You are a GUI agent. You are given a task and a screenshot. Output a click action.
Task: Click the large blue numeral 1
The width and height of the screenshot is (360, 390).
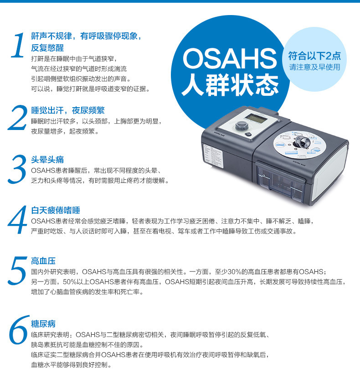click(18, 45)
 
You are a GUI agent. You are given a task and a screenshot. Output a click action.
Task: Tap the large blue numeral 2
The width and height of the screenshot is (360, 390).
click(17, 118)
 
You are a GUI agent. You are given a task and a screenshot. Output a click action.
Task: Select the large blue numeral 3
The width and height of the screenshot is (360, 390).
click(17, 169)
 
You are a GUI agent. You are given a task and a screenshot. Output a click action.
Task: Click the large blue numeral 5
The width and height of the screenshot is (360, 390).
click(17, 270)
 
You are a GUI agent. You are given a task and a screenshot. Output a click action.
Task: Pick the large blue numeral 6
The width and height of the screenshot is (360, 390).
click(18, 330)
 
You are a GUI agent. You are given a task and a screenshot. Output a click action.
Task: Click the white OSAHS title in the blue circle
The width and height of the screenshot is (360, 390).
click(230, 59)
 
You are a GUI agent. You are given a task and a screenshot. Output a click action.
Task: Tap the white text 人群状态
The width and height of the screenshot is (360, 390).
click(230, 85)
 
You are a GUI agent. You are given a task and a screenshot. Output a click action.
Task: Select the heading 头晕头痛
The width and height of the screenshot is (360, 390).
click(47, 160)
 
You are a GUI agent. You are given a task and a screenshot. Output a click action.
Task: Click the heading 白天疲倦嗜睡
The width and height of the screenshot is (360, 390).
click(56, 210)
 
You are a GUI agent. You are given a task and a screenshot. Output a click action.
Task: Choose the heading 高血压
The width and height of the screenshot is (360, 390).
click(43, 261)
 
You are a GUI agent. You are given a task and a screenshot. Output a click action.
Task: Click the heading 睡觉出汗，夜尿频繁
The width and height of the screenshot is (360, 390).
click(68, 110)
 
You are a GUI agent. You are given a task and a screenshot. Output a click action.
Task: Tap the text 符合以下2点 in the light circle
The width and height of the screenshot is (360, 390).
click(314, 56)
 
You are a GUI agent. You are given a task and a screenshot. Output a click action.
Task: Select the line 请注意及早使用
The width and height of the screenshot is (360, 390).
click(314, 67)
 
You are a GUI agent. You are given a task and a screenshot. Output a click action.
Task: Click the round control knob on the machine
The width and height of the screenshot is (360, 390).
click(241, 126)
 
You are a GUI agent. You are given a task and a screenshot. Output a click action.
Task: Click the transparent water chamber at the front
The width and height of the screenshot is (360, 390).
click(281, 183)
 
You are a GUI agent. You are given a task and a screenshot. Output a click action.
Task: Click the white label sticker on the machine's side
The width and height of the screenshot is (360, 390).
click(214, 157)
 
